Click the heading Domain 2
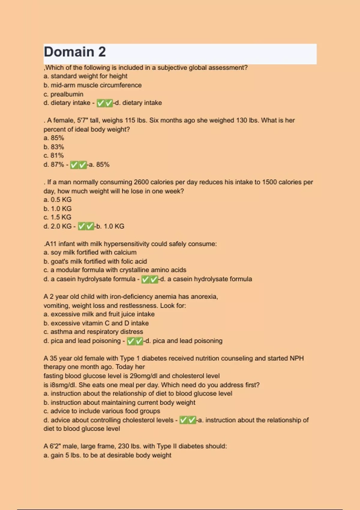(x=75, y=52)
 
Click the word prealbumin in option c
(x=67, y=94)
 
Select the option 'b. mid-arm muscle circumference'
(x=92, y=85)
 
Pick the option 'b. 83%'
(x=54, y=147)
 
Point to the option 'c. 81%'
(x=54, y=156)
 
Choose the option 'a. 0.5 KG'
(x=58, y=200)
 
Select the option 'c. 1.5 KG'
(x=58, y=217)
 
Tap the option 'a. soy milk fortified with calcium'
(x=90, y=253)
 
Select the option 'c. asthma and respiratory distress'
(x=93, y=332)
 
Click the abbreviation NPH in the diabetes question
(x=296, y=358)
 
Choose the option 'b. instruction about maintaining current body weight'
(x=119, y=403)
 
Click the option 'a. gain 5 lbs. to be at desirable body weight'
(x=107, y=455)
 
